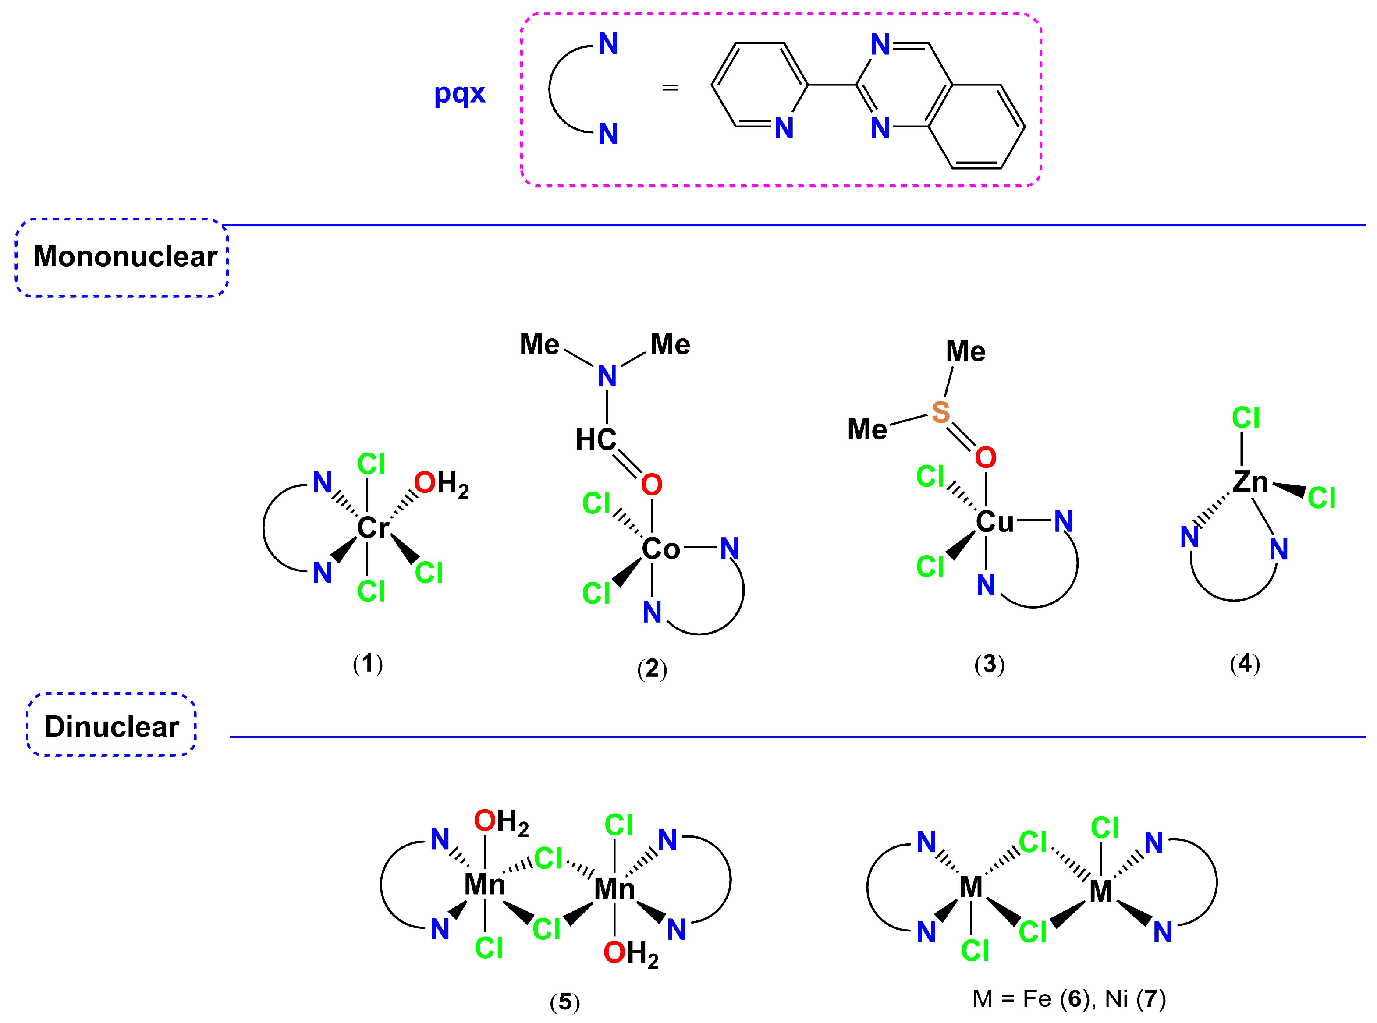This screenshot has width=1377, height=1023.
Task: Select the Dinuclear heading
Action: pos(111,726)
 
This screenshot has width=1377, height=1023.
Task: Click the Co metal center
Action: pos(660,549)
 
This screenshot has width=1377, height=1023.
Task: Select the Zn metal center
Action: pos(1250,482)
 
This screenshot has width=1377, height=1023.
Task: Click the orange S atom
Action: pos(940,412)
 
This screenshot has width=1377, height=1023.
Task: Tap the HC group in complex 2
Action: pos(595,440)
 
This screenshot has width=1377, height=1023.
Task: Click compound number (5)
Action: pos(564,1002)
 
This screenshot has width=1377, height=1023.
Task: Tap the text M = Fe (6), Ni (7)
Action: pos(1069,998)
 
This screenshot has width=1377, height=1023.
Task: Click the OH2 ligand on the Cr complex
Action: pos(440,484)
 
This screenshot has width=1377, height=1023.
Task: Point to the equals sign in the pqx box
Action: pos(670,88)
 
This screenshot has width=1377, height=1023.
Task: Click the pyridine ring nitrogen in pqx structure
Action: pos(784,128)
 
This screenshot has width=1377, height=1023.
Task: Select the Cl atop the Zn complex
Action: pos(1245,418)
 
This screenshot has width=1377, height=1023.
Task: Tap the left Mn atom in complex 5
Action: pos(484,884)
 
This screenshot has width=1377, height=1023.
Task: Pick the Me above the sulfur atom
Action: pos(965,352)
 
